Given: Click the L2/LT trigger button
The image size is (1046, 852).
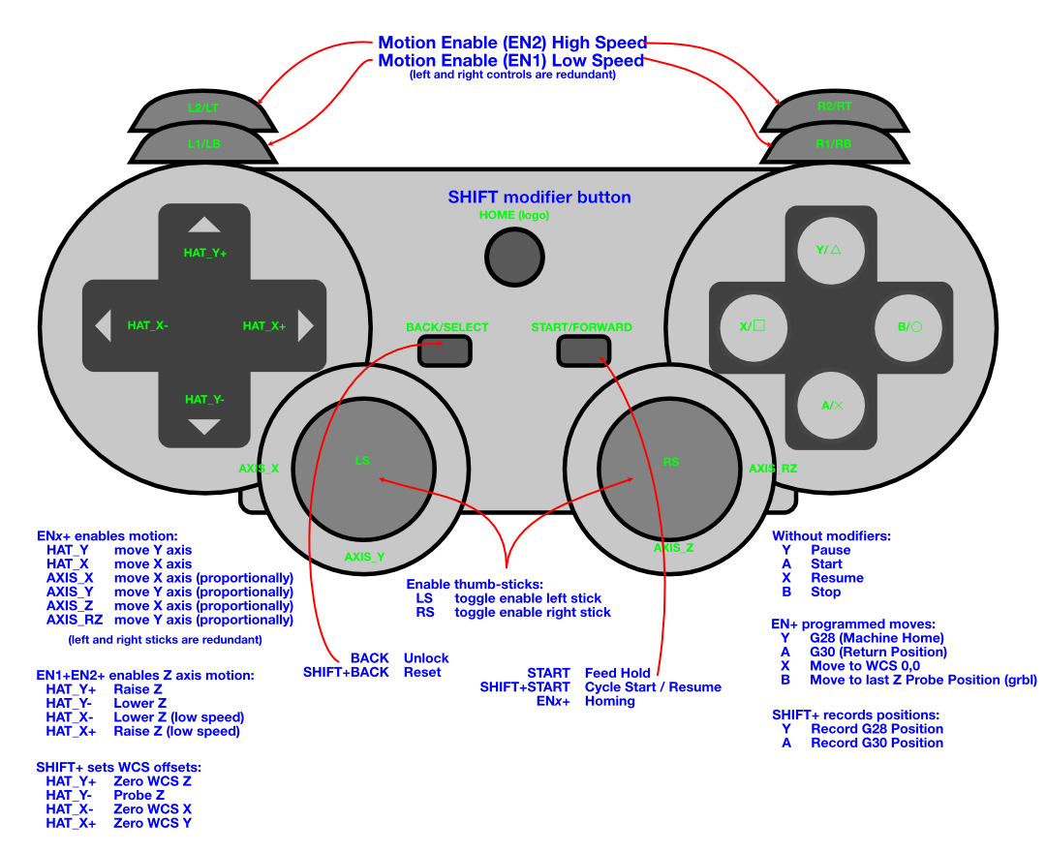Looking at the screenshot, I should (x=202, y=109).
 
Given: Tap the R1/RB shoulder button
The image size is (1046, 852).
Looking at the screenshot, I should (x=834, y=143).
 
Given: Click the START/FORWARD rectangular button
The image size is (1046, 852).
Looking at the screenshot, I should (x=581, y=350).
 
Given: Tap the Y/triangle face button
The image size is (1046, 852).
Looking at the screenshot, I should (x=828, y=250).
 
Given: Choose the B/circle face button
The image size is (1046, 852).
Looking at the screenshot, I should (x=908, y=326).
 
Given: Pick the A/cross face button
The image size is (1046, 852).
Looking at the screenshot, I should (x=831, y=405).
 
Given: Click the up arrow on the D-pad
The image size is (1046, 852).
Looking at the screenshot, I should (x=204, y=225).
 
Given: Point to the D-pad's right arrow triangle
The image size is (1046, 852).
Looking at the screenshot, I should (x=306, y=326).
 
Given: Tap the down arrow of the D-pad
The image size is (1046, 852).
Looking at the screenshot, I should (x=204, y=426).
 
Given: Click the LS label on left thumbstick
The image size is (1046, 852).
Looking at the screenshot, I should (x=362, y=461).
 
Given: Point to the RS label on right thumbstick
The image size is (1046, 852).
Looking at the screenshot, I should (x=670, y=462).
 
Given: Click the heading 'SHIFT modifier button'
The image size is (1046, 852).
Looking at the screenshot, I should (x=538, y=198).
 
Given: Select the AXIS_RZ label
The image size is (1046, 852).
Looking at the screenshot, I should (x=773, y=469).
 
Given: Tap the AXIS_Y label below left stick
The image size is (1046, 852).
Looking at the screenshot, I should (x=364, y=557).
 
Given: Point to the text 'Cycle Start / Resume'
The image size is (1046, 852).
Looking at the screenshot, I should (x=653, y=687).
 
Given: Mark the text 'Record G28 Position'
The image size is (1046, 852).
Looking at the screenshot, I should (x=877, y=729).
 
